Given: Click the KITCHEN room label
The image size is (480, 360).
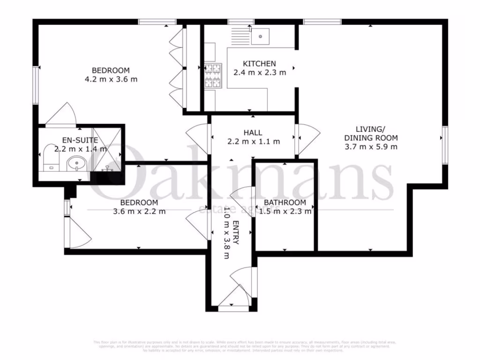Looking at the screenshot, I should point(259,64).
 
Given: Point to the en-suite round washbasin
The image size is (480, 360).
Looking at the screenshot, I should point(75,164).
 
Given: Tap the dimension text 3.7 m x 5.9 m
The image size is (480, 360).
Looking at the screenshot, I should point(371,147).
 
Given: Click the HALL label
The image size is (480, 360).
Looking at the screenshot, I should point(253,133).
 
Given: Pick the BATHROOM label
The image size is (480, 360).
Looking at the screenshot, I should point(285,202).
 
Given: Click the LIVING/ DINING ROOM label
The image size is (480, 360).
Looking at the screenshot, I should point(371,134).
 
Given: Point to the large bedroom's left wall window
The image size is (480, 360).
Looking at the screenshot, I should point(35,85).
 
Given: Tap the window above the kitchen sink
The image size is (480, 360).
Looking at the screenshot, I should point(241,22).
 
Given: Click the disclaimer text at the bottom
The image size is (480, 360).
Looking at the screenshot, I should point(240,345).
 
